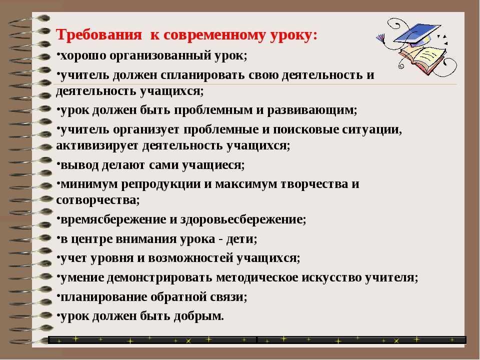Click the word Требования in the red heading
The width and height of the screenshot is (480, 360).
[98, 34]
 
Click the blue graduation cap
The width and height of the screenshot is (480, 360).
[417, 33]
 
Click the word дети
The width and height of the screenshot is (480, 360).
[239, 239]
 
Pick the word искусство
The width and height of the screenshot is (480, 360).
[331, 278]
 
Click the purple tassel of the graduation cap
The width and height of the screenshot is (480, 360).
[381, 39]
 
